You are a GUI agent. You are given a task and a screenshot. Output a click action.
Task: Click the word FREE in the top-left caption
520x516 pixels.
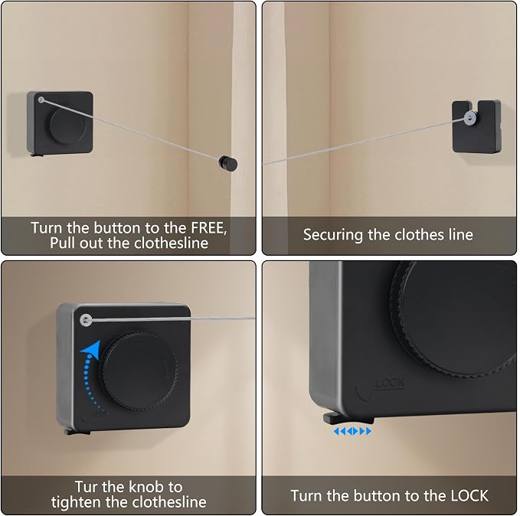[208, 228]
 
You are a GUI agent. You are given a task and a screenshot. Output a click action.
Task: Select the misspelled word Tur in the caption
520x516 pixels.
[87, 487]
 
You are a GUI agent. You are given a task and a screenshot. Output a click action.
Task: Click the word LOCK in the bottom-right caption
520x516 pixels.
[469, 496]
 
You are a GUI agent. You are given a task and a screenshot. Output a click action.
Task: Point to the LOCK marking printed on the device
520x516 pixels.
[390, 384]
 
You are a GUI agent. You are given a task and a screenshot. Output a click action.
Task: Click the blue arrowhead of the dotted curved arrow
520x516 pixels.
[91, 348]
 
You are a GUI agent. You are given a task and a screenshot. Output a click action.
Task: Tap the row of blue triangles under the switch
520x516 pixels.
[352, 431]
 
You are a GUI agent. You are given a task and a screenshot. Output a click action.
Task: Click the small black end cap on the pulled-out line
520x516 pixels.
[227, 163]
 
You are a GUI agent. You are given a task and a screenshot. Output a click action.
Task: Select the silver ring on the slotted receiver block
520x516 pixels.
[469, 117]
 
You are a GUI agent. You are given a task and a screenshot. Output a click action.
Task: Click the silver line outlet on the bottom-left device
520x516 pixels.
[86, 320]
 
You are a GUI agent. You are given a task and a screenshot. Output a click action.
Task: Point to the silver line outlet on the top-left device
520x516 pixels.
[41, 100]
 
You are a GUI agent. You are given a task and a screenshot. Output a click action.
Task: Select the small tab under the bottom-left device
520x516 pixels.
[77, 432]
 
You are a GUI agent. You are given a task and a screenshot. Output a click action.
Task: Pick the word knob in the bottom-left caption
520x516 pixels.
[146, 487]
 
